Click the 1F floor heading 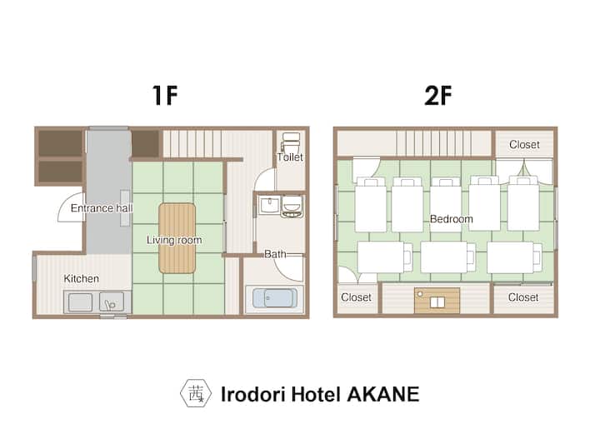165,95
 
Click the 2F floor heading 438,95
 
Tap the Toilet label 290,157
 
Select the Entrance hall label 102,208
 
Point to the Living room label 174,240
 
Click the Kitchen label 81,278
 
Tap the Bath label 275,254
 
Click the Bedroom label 452,219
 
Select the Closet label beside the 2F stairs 524,145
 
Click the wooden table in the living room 177,238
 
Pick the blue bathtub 275,298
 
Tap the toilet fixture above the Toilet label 291,143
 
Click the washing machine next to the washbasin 292,207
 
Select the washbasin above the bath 270,206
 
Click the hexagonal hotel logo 196,393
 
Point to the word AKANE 383,394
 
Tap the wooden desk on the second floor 437,301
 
